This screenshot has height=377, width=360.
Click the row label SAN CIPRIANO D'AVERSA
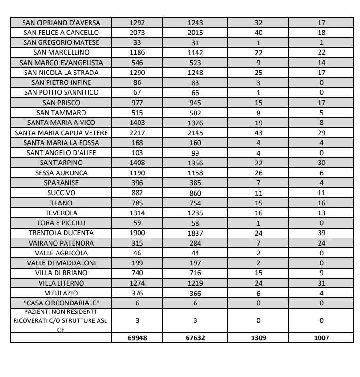point(61,23)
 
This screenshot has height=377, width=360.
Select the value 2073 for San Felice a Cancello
point(137,33)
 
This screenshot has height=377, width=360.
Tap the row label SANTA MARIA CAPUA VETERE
point(61,133)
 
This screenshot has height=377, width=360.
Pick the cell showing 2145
point(195,133)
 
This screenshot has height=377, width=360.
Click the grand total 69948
point(137,338)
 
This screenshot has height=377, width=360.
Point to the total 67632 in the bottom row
point(195,338)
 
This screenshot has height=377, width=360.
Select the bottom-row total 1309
point(258,338)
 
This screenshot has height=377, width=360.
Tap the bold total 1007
point(321,338)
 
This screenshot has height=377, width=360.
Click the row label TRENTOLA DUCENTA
point(61,233)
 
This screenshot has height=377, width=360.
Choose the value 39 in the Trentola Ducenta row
point(321,233)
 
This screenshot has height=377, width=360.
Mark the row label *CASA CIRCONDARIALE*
point(61,303)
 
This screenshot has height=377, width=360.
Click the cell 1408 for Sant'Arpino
point(137,163)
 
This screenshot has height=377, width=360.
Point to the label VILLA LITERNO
point(61,283)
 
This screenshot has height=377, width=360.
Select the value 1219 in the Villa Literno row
point(195,283)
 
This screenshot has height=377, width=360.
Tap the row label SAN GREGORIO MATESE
point(61,42)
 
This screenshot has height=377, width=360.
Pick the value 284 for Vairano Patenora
point(195,243)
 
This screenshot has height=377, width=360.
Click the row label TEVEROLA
point(61,213)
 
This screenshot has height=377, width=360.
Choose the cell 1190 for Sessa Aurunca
point(137,173)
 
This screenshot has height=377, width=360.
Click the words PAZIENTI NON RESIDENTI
point(61,312)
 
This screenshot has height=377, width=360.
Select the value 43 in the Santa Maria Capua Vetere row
point(258,133)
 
